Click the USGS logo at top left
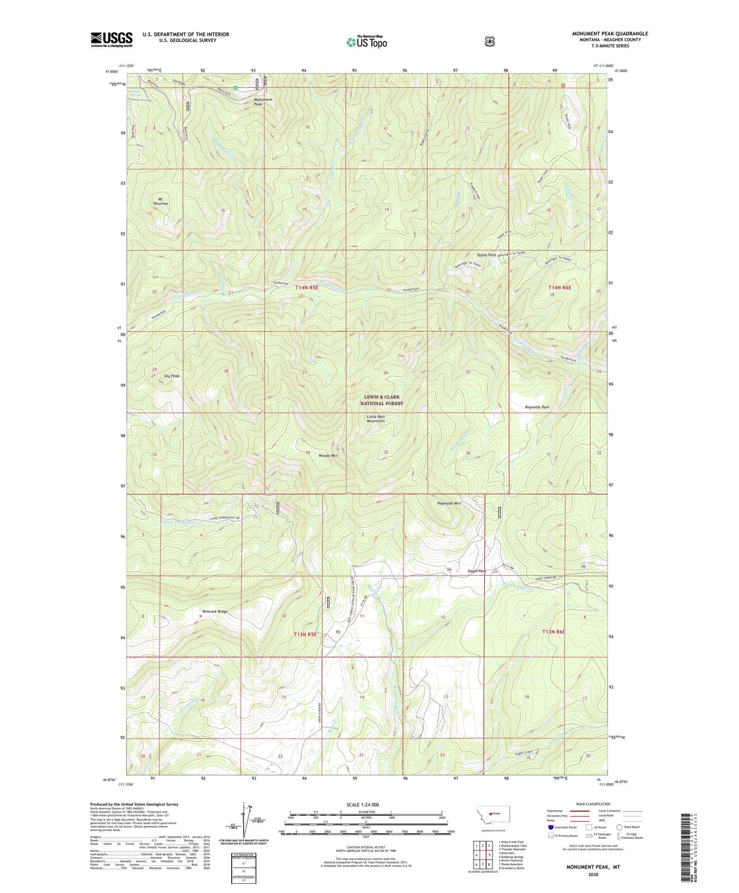111,39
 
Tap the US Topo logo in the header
367,42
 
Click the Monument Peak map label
263,102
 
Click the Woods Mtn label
328,455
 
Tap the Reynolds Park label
537,407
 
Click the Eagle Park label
477,571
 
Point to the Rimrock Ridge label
215,612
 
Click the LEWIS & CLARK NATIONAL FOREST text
382,400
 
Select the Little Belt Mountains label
376,418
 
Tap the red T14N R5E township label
307,288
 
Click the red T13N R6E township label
553,632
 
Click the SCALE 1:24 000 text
362,805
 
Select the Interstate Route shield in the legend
550,827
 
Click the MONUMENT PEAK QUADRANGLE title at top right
610,34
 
